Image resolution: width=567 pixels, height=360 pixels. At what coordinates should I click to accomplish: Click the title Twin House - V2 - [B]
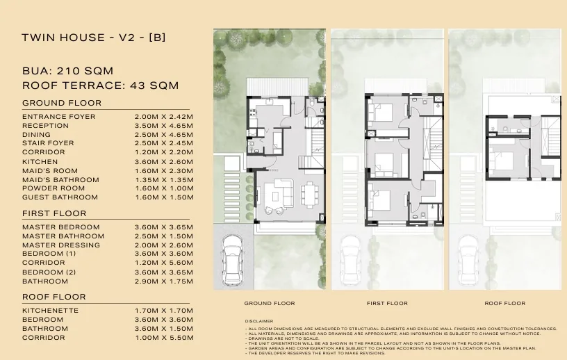[x=94, y=38]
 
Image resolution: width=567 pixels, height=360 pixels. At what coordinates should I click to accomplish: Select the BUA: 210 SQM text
[x=67, y=71]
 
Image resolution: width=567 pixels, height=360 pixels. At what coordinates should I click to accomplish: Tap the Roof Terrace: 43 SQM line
[x=101, y=85]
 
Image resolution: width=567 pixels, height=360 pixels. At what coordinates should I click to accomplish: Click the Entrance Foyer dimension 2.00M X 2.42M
[x=164, y=117]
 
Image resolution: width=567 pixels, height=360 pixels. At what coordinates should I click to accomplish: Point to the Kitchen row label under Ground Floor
[x=40, y=162]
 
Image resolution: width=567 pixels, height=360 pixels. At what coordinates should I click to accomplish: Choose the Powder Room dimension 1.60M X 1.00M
[x=164, y=188]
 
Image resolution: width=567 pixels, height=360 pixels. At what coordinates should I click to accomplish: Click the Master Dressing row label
[x=61, y=245]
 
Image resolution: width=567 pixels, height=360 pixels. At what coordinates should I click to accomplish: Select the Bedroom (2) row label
[x=49, y=272]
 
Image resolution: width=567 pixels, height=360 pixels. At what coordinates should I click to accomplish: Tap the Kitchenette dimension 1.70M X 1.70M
[x=164, y=311]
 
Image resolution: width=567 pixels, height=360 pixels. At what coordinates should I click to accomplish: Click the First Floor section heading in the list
[x=54, y=213]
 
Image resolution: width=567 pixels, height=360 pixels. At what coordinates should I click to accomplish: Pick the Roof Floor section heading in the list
[x=54, y=297]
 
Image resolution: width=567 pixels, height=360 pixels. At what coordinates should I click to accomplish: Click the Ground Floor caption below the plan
[x=270, y=303]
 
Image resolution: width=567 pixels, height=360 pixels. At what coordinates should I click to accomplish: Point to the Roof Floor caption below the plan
[x=504, y=303]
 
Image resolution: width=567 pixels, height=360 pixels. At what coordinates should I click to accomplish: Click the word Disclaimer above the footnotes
[x=259, y=321]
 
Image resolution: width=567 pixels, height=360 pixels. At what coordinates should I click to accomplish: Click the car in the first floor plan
[x=350, y=260]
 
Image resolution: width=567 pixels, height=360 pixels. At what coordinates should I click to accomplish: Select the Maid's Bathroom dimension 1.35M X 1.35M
[x=164, y=180]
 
